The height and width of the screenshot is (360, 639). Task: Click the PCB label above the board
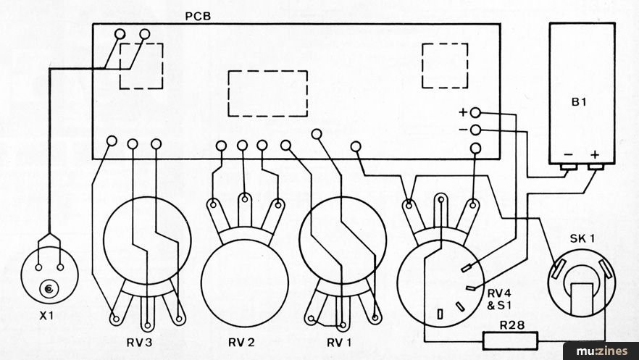[x=198, y=18]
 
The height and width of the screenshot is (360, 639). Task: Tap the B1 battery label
[x=579, y=102]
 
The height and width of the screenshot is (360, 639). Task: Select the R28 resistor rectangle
[x=510, y=341]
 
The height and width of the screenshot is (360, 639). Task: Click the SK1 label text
[x=582, y=239]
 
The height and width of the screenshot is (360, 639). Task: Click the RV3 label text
[x=139, y=343]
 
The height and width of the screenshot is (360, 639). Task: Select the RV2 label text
[x=242, y=343]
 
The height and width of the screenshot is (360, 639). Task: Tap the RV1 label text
[x=338, y=343]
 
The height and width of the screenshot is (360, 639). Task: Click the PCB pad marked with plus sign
[x=475, y=113]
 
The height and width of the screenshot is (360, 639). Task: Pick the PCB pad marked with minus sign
[x=475, y=130]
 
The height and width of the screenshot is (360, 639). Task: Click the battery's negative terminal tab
[x=569, y=167]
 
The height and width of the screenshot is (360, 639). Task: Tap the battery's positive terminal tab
[x=596, y=167]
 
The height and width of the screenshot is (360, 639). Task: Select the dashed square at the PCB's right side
[x=445, y=43]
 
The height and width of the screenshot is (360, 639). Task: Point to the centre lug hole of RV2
[x=245, y=199]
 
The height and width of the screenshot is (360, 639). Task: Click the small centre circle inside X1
[x=49, y=289]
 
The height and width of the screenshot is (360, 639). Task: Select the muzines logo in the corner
[x=601, y=351]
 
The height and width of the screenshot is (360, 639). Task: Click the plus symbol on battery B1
[x=596, y=155]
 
